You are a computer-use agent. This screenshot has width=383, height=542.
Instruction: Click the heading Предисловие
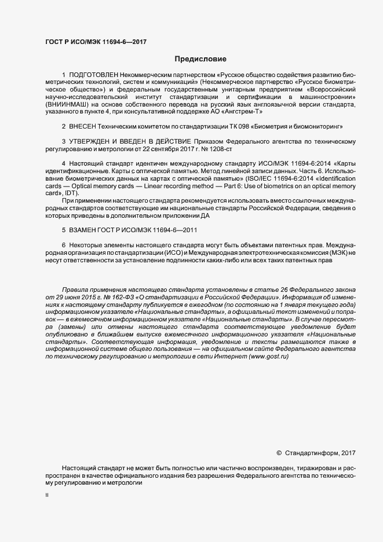point(200,59)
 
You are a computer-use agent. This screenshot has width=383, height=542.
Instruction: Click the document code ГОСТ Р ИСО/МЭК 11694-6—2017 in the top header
point(87,42)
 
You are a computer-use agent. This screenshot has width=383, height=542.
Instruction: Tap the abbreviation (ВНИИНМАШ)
point(64,105)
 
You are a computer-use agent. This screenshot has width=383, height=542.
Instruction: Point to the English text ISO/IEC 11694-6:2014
point(277,178)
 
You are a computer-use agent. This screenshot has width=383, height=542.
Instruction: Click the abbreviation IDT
point(71,193)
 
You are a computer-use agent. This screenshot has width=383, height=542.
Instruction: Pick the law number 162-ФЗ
point(119,296)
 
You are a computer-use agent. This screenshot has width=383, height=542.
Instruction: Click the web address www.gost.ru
point(268,356)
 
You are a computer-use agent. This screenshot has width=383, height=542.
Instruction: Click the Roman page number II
point(48,496)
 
